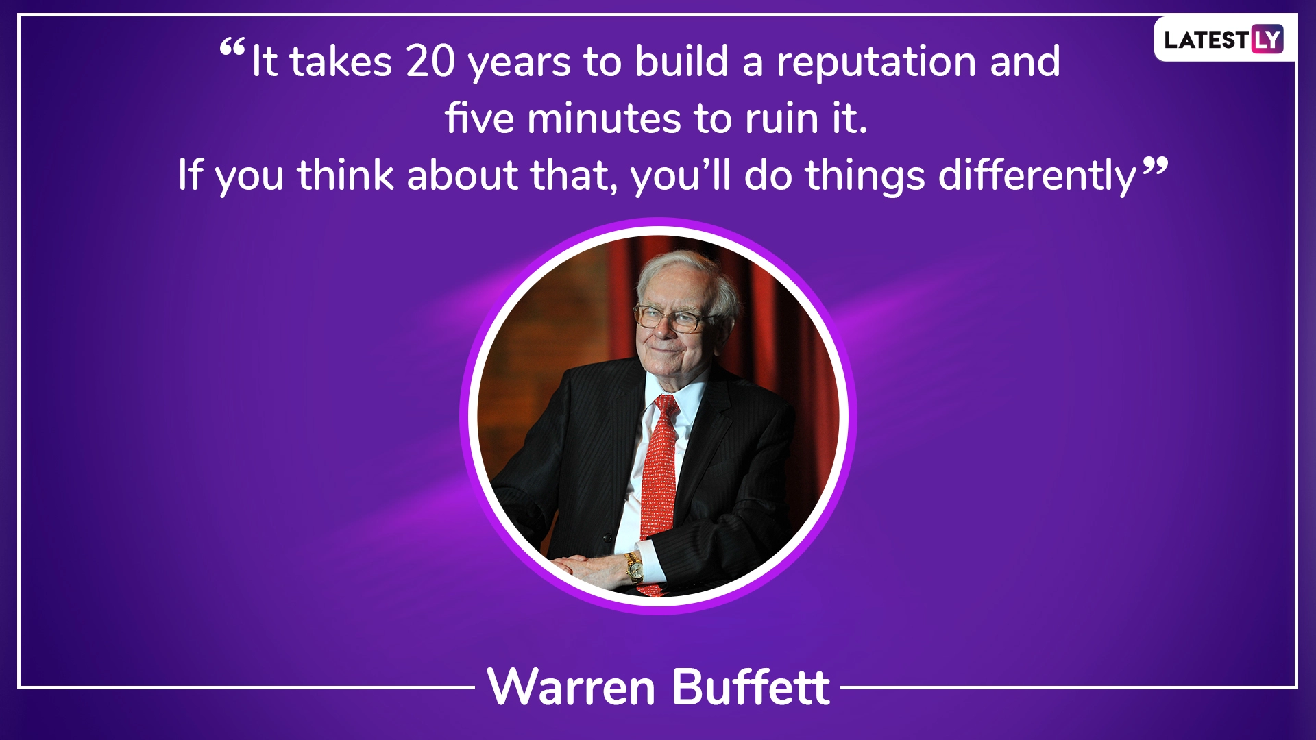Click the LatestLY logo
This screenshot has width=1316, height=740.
[1223, 39]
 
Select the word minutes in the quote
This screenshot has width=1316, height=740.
[603, 119]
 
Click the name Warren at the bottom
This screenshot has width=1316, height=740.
[572, 687]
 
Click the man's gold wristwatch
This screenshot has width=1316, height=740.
[634, 568]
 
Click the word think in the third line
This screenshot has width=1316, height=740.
[345, 175]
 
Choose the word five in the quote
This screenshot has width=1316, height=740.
[480, 118]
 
